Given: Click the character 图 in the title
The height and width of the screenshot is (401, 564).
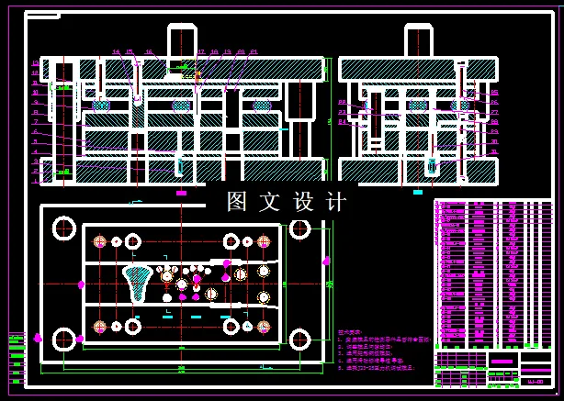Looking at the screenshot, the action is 237,202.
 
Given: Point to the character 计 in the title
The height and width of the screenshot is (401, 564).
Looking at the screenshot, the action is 335,202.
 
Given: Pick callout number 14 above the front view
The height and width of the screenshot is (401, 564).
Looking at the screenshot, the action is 116,52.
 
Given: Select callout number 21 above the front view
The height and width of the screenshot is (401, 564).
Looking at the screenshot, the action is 254,52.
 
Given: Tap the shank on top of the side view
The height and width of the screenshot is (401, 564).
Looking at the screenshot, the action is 418,41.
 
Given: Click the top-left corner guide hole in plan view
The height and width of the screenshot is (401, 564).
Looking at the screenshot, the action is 64,228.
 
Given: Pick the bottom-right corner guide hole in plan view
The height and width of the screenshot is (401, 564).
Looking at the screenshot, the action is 299,340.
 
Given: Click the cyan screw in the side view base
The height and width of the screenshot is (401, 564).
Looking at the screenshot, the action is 431,167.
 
